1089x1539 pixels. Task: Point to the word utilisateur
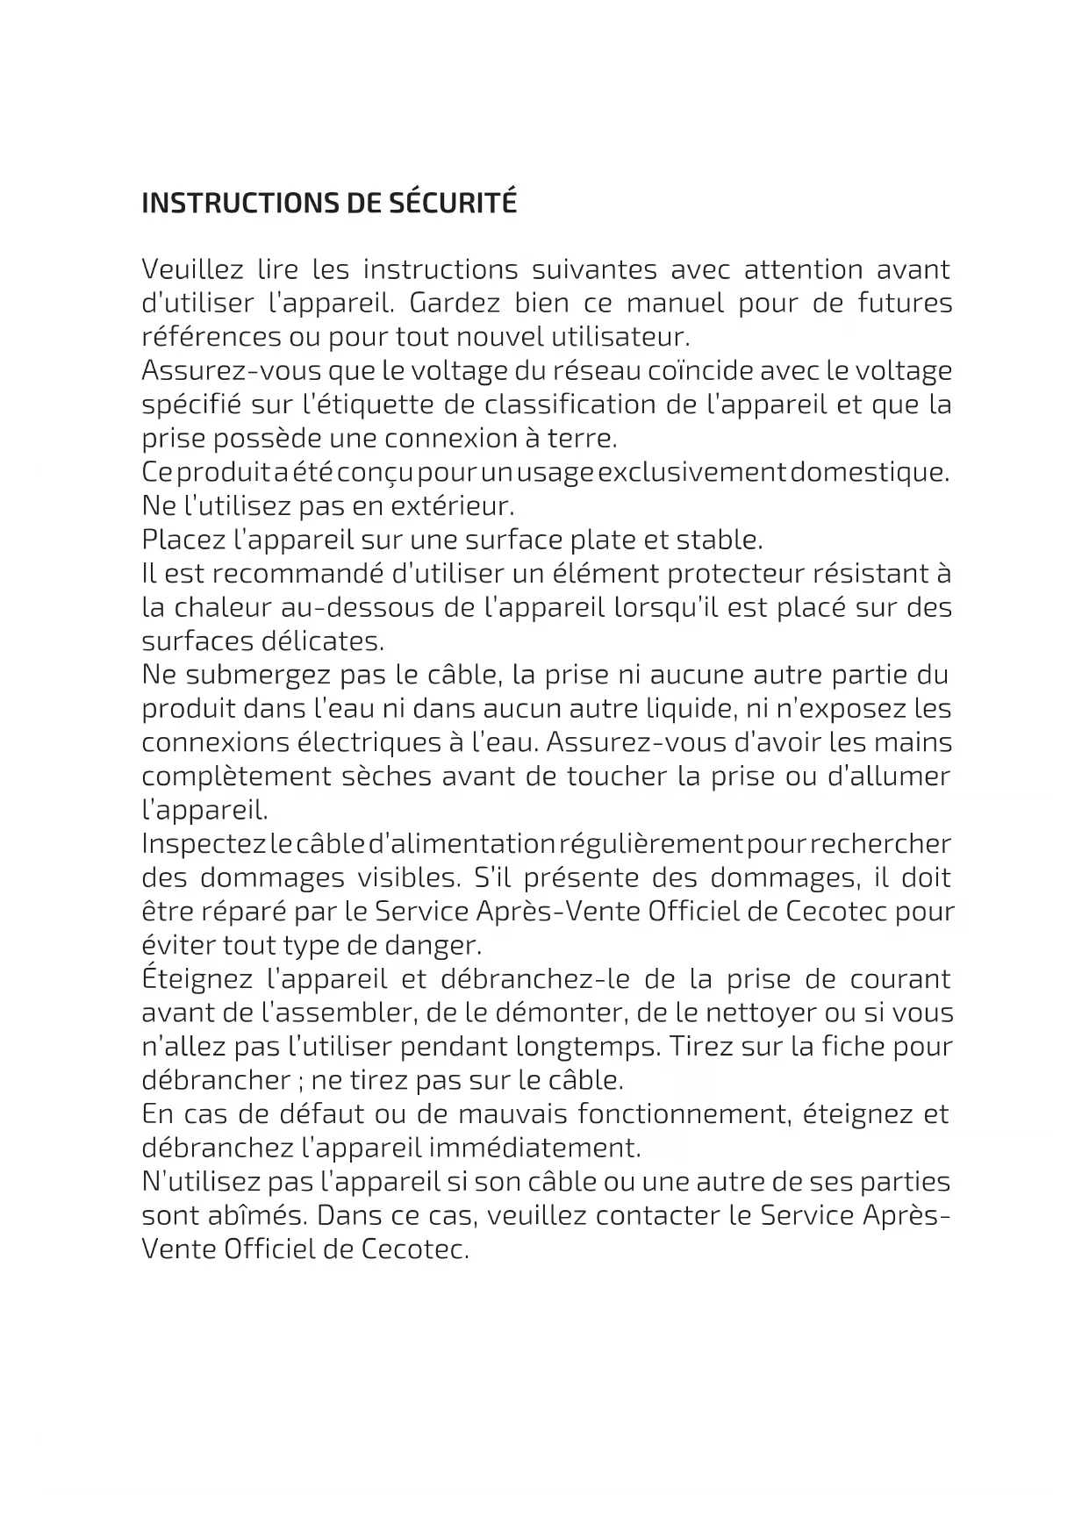click(x=620, y=337)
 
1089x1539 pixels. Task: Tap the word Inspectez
click(x=204, y=844)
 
